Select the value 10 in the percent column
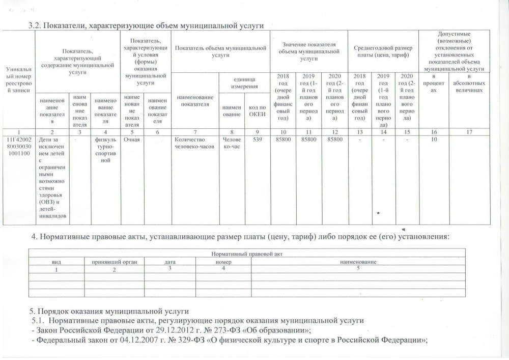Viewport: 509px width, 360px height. [434, 139]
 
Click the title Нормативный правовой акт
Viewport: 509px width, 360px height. [241, 254]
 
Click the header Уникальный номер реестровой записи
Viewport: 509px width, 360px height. [18, 79]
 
